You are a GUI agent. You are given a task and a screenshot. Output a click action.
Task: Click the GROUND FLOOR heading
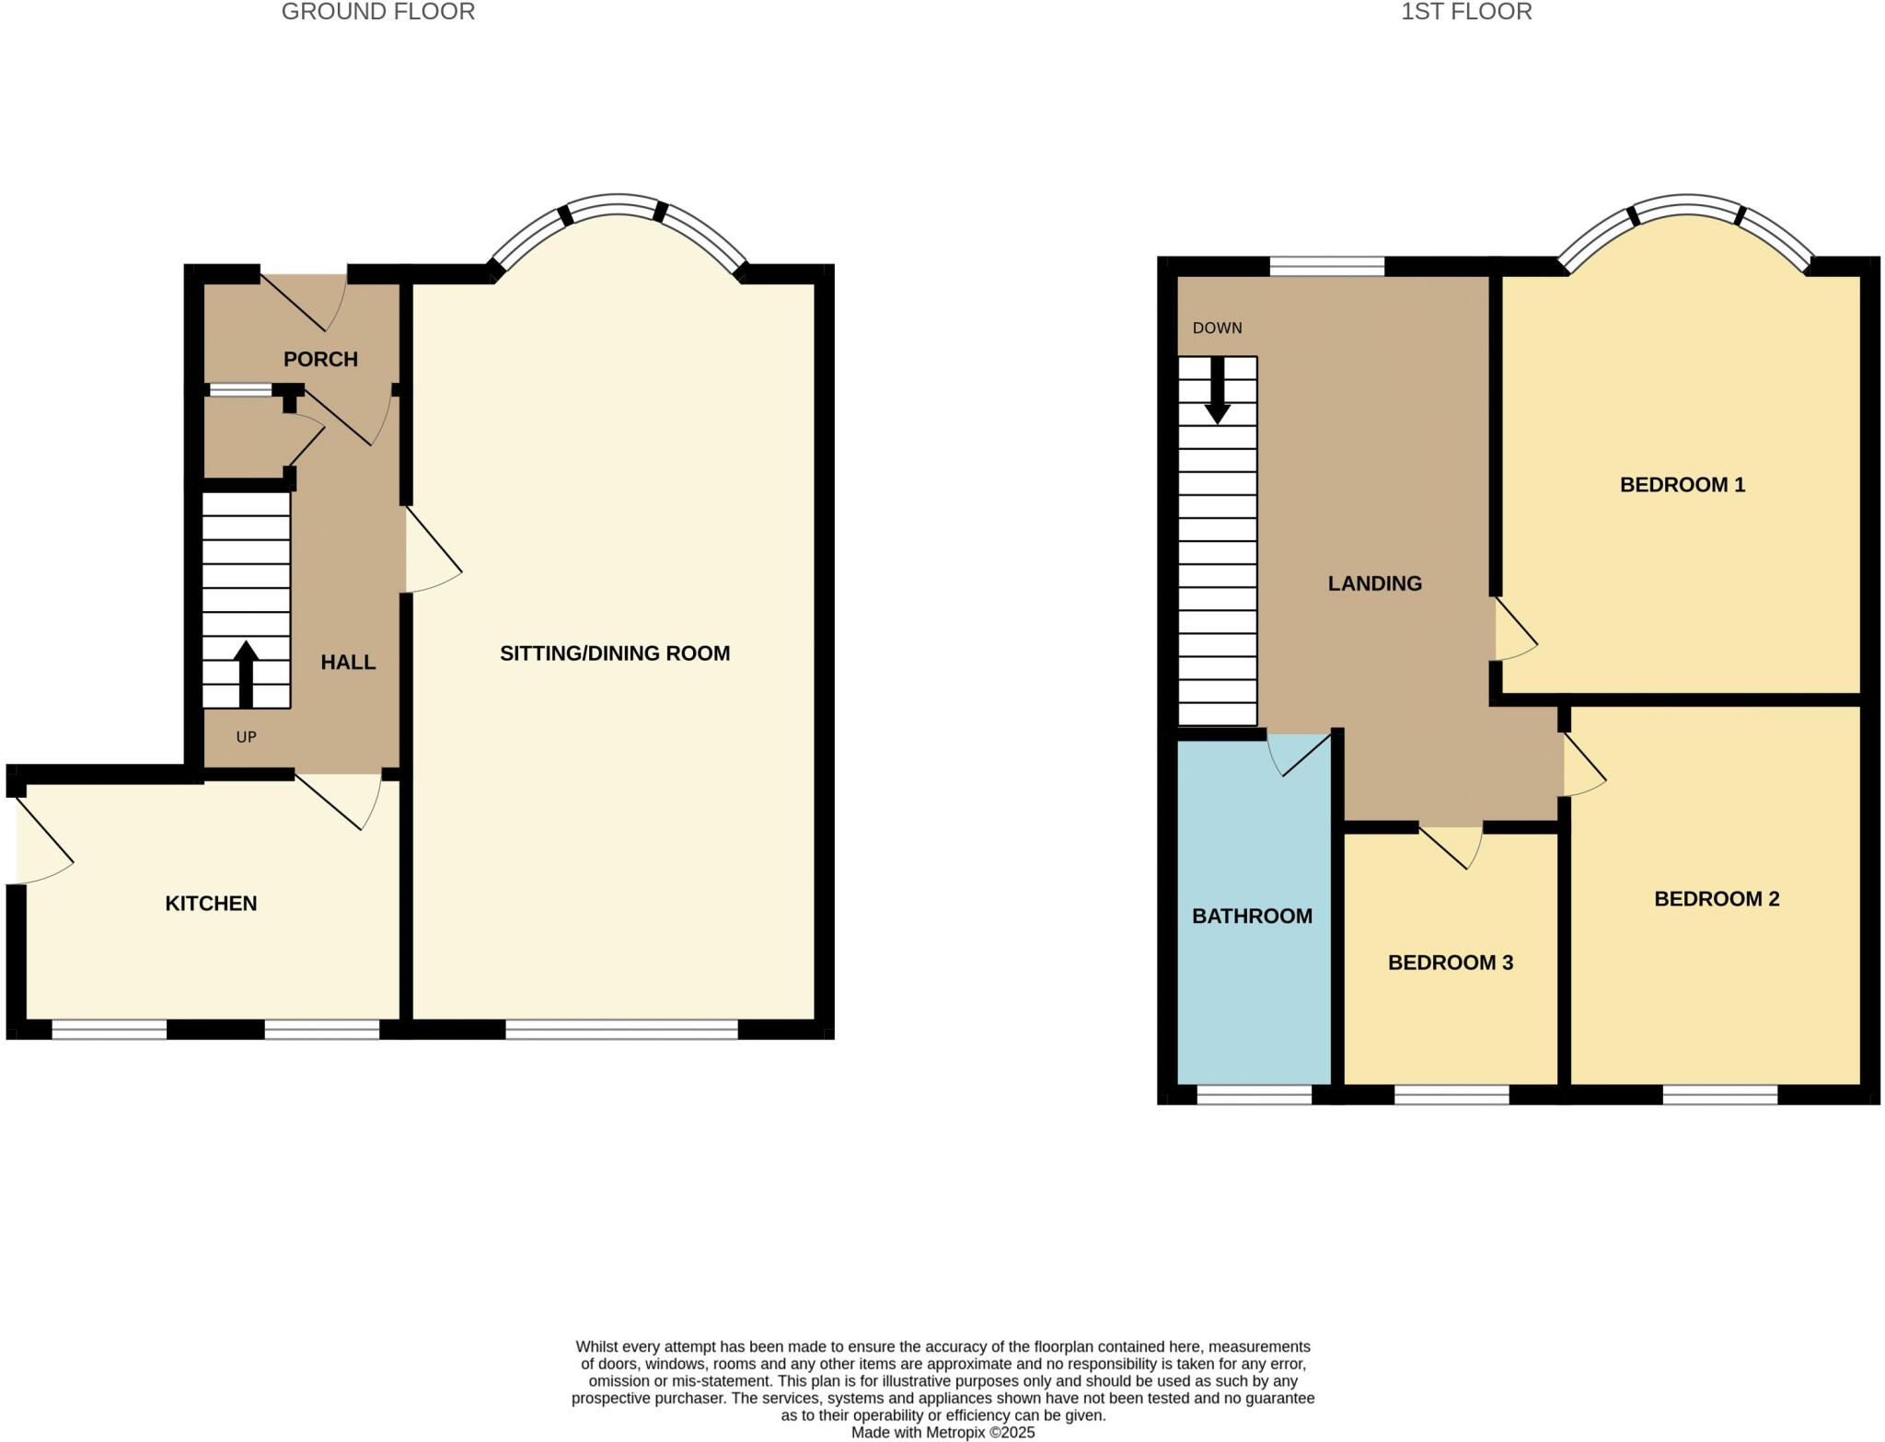[377, 12]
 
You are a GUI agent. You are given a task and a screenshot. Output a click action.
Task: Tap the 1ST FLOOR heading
[1465, 12]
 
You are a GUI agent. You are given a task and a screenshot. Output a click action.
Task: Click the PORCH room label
[320, 359]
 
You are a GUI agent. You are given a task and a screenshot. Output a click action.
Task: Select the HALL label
[348, 662]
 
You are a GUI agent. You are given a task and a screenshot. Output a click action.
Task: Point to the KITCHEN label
[211, 904]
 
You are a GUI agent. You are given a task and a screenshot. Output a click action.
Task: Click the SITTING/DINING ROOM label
[615, 653]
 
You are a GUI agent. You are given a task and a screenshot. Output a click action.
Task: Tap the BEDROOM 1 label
[1682, 484]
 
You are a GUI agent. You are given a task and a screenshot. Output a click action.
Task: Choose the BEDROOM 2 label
[1717, 898]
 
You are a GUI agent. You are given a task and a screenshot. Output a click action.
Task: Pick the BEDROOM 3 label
[1450, 963]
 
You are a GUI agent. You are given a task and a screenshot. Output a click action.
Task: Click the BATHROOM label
[1252, 916]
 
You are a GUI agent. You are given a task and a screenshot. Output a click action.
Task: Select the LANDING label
[1374, 583]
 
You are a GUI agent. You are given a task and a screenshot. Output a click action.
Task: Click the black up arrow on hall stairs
[246, 673]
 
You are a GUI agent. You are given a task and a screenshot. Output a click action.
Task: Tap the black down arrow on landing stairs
[1218, 391]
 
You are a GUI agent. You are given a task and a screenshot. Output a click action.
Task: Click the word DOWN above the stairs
[1217, 329]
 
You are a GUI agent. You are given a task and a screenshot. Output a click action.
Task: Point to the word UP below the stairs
[246, 737]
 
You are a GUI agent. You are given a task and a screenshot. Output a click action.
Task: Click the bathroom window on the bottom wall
[1254, 1094]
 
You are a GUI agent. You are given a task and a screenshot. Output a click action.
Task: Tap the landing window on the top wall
[1326, 266]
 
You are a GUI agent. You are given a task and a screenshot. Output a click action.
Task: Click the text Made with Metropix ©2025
[942, 1432]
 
